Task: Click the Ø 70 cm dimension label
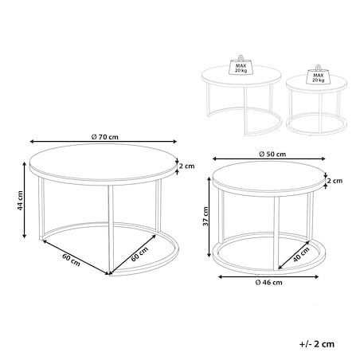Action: (x=104, y=137)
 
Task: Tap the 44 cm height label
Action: (x=20, y=201)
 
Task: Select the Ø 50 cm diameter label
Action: (x=272, y=155)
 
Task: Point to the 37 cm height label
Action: (x=205, y=216)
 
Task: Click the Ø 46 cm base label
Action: (x=268, y=283)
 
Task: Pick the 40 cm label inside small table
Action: (x=301, y=254)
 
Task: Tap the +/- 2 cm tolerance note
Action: (x=317, y=344)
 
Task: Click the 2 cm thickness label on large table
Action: (x=186, y=166)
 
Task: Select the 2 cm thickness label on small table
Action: (x=335, y=181)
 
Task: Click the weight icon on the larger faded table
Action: (x=241, y=65)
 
